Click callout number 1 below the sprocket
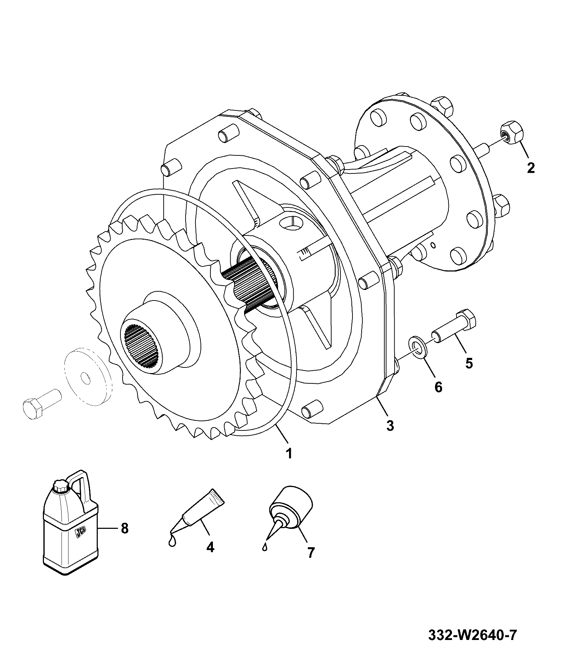pyautogui.click(x=289, y=453)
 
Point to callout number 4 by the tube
pyautogui.click(x=210, y=557)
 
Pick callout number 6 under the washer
pyautogui.click(x=438, y=387)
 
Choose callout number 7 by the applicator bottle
pyautogui.click(x=310, y=562)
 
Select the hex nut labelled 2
pyautogui.click(x=511, y=132)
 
